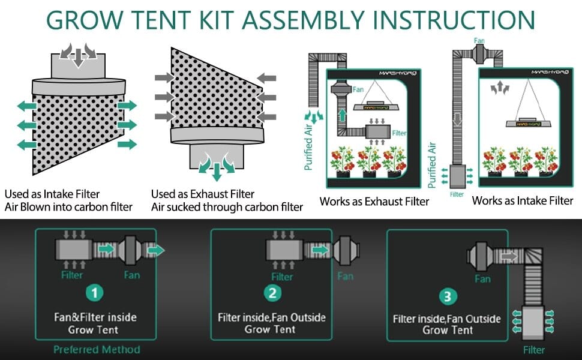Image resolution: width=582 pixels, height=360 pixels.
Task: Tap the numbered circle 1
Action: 97,293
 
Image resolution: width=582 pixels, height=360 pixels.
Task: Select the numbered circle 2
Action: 272,293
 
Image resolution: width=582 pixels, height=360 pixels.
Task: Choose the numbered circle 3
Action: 448,296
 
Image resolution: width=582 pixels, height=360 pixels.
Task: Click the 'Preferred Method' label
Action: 97,349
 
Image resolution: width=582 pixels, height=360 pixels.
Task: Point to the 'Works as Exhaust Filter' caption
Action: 374,202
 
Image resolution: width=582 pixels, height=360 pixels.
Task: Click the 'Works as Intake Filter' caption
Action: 523,200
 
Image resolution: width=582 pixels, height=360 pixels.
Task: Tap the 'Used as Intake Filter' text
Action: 52,194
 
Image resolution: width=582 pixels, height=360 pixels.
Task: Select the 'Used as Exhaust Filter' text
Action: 203,194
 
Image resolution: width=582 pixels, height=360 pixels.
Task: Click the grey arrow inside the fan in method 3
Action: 509,256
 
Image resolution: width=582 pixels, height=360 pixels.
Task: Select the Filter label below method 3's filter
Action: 534,349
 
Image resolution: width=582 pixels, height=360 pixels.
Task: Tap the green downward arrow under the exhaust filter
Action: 217,170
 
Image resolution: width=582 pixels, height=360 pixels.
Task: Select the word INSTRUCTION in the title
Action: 454,20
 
